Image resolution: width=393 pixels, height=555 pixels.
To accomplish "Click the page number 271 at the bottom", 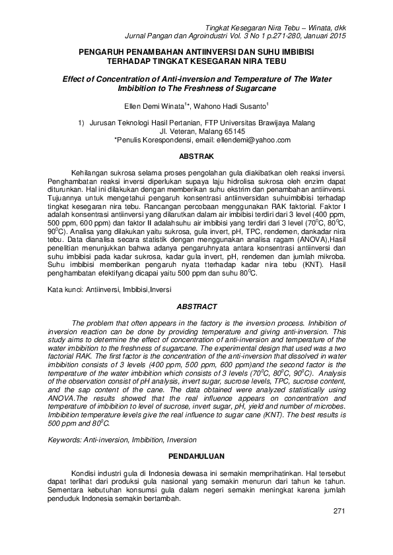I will click(339, 511).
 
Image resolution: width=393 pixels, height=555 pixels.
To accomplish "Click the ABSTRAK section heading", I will click(196, 156).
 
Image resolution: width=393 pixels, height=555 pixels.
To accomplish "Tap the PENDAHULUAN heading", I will click(196, 455).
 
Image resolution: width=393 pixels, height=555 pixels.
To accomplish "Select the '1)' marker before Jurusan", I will click(83, 123).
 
